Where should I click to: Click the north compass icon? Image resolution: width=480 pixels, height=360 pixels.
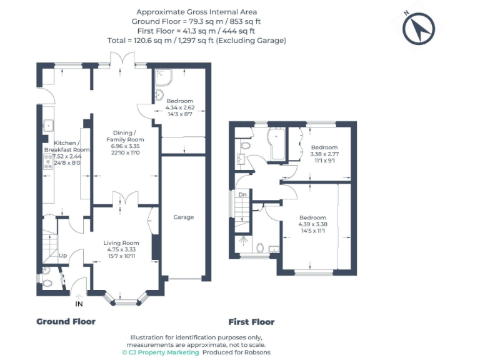(x=418, y=29)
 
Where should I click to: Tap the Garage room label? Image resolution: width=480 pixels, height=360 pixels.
(x=184, y=217)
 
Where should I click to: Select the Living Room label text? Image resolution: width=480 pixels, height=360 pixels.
(x=121, y=242)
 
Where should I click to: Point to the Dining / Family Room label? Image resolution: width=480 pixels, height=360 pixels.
(x=125, y=136)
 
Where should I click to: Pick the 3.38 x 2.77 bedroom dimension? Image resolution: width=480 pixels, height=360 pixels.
(x=324, y=154)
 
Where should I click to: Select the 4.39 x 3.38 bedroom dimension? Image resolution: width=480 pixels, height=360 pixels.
(x=312, y=224)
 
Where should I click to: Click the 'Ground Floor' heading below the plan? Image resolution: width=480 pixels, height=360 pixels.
(x=66, y=321)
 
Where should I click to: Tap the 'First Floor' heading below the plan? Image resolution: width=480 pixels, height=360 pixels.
(x=251, y=322)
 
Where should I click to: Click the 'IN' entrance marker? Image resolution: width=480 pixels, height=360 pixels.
(x=79, y=304)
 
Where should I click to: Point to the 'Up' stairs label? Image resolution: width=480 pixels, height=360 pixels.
(x=63, y=256)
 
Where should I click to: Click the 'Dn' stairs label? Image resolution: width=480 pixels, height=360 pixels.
(x=244, y=194)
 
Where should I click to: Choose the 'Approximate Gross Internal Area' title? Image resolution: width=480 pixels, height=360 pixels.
(x=196, y=12)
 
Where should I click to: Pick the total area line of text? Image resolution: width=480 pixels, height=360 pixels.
(x=196, y=40)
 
